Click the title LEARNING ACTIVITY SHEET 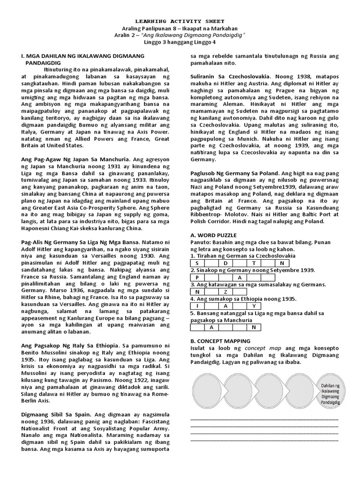tap(180, 21)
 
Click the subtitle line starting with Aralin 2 tap(180, 35)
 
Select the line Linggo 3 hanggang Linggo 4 tap(180, 43)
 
